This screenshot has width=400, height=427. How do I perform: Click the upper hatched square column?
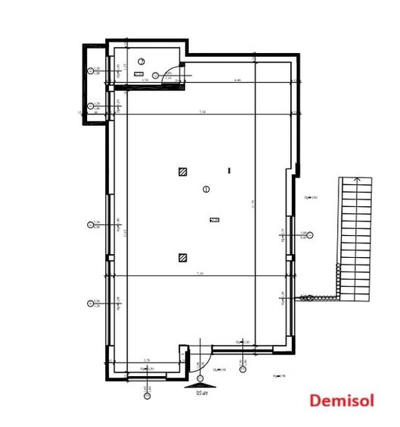[183, 171]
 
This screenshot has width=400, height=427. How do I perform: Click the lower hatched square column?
[183, 258]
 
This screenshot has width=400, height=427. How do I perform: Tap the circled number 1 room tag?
[206, 189]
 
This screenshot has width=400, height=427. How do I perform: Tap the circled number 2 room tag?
[141, 61]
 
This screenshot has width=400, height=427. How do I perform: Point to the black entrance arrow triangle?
[199, 385]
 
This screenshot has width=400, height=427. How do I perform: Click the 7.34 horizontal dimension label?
[202, 111]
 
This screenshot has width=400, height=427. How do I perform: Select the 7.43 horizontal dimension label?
[200, 273]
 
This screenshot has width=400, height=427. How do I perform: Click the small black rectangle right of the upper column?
[229, 171]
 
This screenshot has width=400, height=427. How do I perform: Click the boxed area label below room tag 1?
[214, 220]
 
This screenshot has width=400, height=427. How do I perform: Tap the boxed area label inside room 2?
[139, 74]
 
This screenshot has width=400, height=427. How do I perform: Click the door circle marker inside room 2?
[155, 75]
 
